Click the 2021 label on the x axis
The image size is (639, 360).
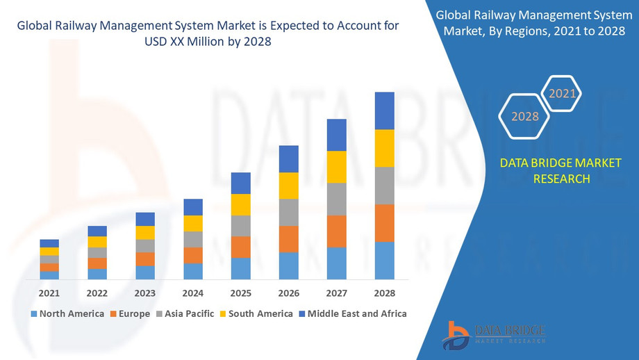(49, 293)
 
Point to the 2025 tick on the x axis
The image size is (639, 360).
(240, 293)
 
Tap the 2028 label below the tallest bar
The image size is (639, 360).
(384, 293)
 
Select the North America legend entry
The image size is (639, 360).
(67, 313)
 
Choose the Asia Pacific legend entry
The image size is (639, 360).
(185, 313)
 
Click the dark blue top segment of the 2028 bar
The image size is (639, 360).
(384, 111)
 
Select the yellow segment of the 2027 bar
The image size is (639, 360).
(336, 167)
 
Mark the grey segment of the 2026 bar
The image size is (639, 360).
(288, 212)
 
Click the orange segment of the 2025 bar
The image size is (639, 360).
(240, 247)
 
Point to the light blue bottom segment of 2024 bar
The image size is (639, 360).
(193, 271)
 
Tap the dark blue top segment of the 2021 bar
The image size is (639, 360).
(49, 243)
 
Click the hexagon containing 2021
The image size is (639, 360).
(562, 93)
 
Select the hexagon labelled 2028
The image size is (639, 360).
(525, 116)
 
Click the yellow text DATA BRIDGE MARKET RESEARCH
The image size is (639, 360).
(561, 171)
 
